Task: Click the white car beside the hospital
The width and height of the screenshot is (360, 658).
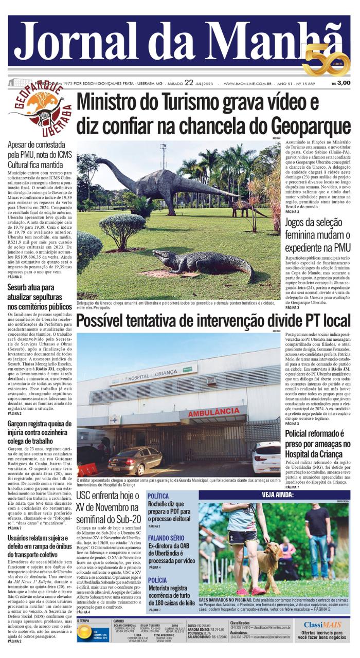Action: [x=266, y=457]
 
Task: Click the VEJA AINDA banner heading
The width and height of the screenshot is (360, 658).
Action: [x=277, y=495]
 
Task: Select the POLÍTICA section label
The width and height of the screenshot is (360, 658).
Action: [x=158, y=496]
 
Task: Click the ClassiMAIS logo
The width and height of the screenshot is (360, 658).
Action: [x=322, y=625]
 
